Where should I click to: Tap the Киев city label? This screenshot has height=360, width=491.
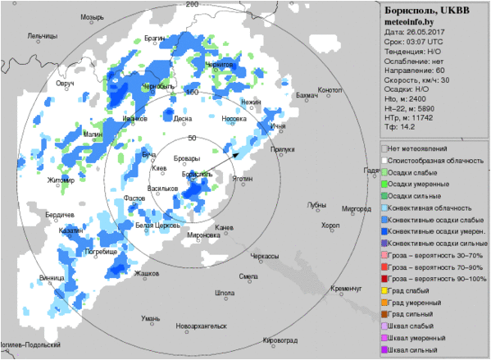click(x=160, y=168)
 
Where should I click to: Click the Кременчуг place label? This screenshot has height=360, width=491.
click(x=347, y=289)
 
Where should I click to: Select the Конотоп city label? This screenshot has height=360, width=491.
click(x=330, y=89)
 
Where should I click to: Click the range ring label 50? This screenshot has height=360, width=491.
click(x=193, y=138)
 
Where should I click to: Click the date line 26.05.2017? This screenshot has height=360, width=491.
click(x=414, y=32)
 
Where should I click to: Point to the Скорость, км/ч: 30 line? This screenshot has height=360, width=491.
click(x=417, y=80)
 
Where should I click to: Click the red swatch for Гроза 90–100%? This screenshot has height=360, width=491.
click(x=384, y=279)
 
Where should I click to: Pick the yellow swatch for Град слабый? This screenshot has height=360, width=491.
click(x=384, y=291)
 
